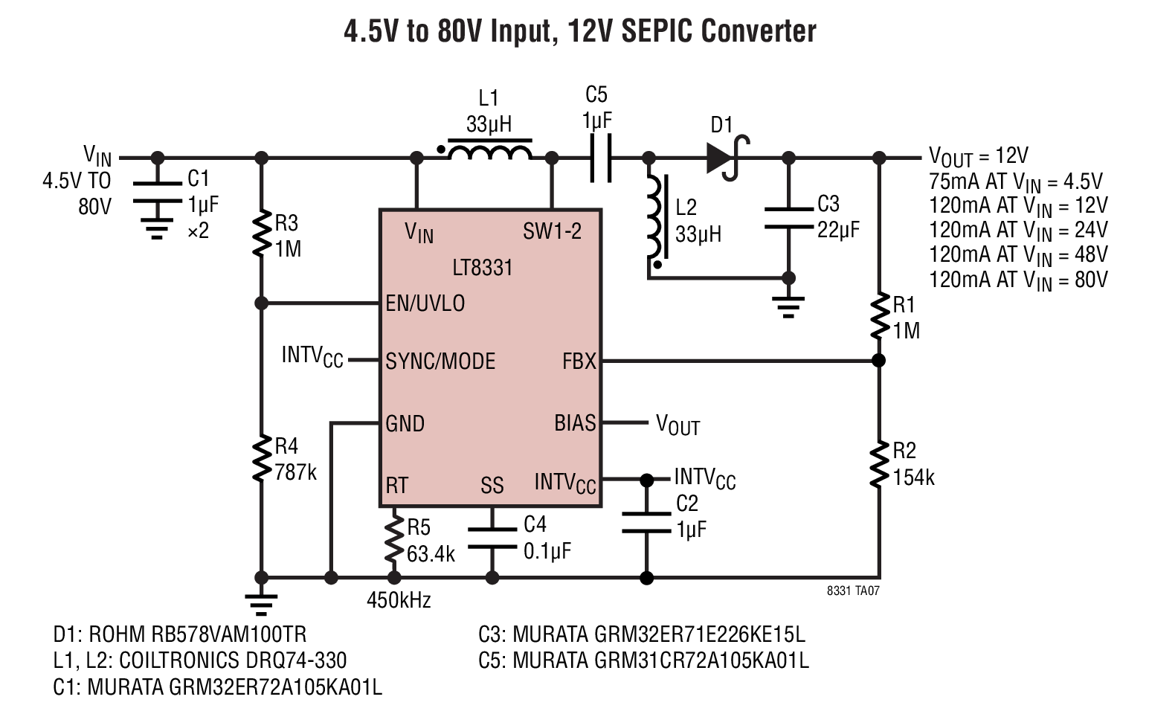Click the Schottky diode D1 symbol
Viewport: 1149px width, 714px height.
726,158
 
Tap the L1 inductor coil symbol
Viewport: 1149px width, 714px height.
490,150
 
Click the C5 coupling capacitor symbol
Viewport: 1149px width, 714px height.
600,158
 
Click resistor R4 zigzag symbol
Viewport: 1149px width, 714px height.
262,458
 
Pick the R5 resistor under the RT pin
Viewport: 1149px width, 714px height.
394,538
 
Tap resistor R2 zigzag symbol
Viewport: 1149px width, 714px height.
879,463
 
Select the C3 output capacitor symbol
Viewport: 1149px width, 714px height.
788,218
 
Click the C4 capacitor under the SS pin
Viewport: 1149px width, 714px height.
492,538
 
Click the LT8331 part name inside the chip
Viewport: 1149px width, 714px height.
483,268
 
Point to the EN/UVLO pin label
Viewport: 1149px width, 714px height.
425,303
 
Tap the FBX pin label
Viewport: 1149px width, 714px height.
579,361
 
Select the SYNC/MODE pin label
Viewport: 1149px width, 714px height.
440,361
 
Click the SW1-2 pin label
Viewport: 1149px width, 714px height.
552,231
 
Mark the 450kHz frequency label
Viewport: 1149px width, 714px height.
399,600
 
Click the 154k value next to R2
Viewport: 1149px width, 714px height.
913,477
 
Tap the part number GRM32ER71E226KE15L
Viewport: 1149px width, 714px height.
659,634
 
